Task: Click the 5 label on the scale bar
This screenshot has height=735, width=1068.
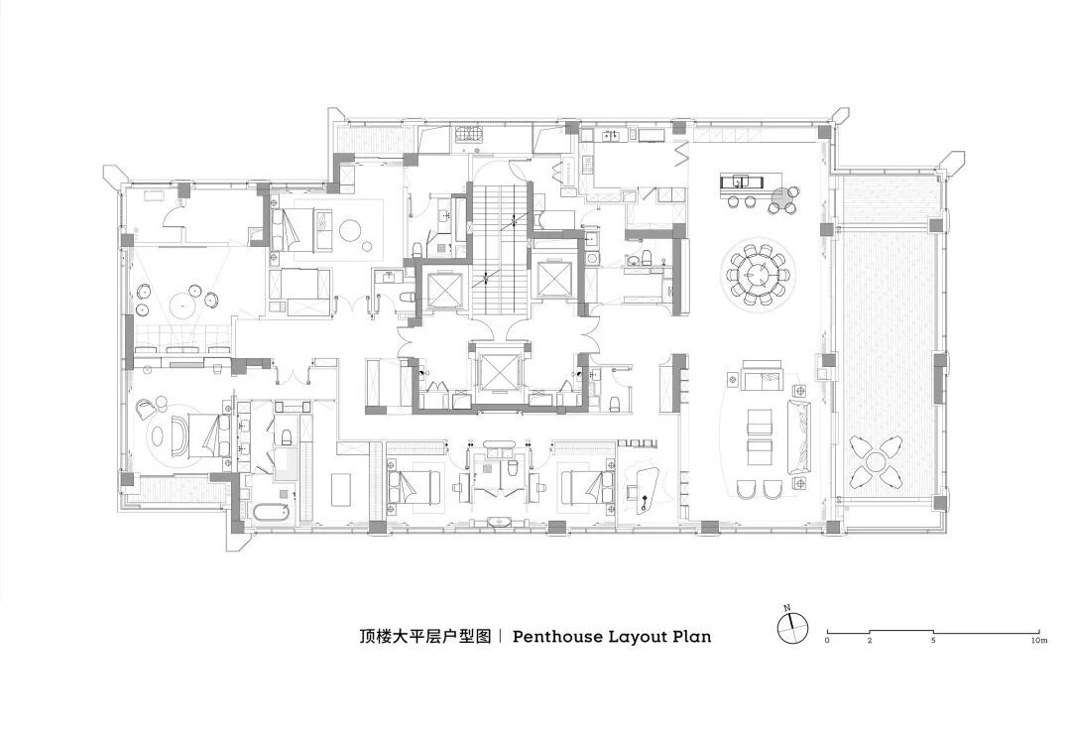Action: pos(933,643)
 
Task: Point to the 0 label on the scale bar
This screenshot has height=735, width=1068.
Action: pos(827,643)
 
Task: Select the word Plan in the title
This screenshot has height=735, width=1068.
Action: pos(691,637)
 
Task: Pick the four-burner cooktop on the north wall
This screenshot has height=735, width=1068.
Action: pos(466,136)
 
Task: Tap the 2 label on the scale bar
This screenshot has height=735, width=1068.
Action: pos(870,643)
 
